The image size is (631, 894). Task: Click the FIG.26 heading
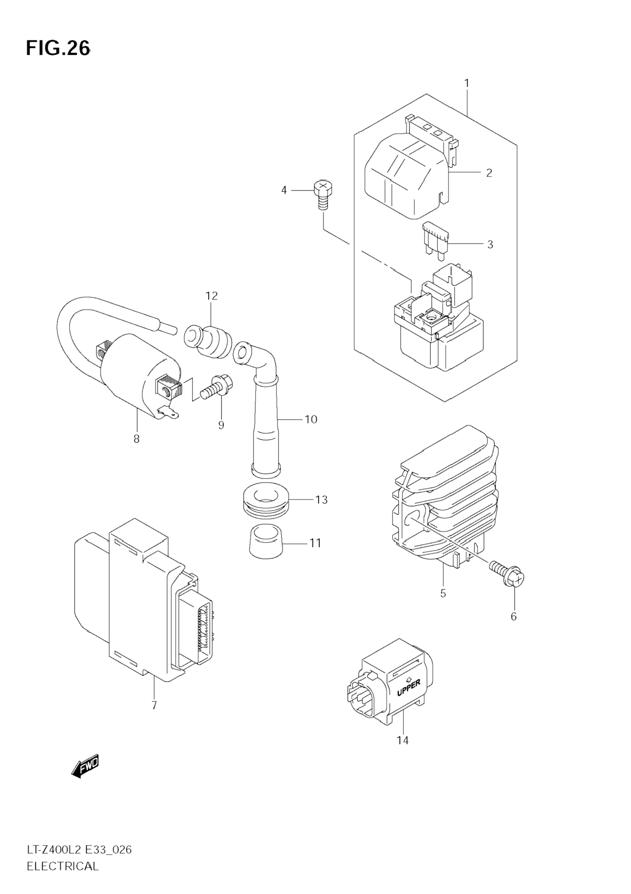pos(58,49)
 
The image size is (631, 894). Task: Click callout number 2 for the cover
pos(489,172)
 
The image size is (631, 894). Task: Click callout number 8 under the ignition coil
pos(136,439)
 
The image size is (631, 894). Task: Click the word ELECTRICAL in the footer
pos(63,876)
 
